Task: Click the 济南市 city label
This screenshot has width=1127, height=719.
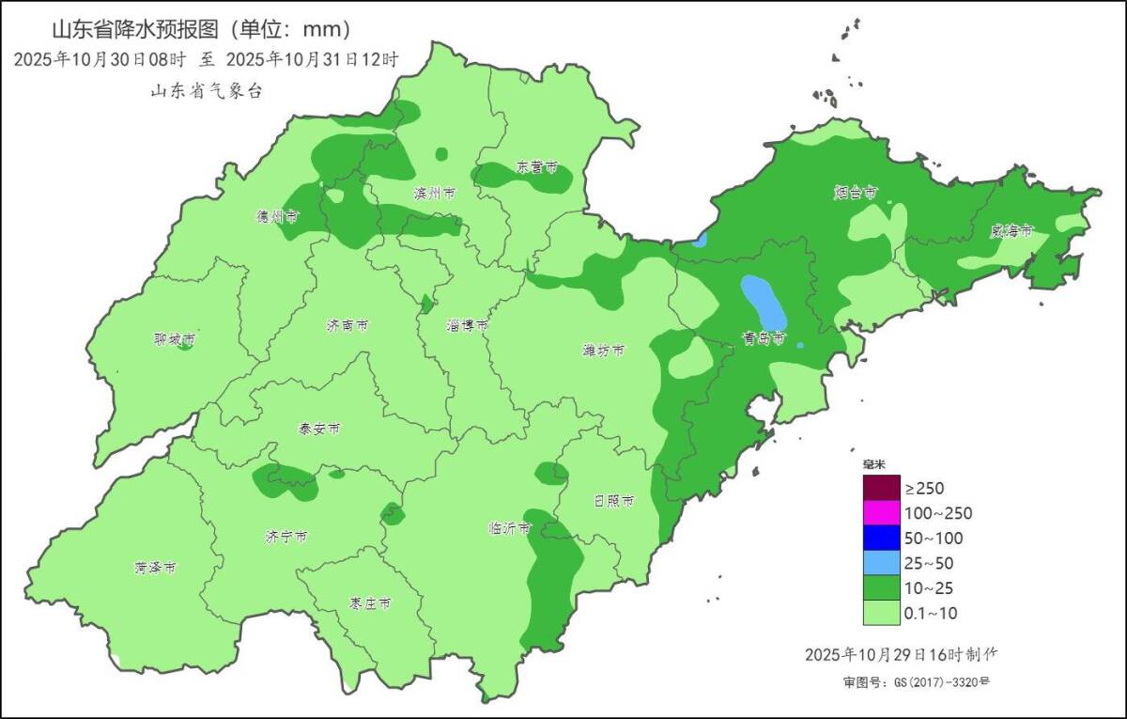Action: tap(347, 326)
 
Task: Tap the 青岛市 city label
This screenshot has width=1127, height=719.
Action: tap(763, 338)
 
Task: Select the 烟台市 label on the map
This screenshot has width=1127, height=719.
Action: tap(855, 193)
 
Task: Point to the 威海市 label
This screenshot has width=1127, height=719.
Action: tap(1011, 230)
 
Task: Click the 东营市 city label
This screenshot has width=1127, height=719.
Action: tap(537, 167)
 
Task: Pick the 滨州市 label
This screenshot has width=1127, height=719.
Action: tap(434, 194)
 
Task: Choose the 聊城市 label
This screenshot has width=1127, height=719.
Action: tap(175, 339)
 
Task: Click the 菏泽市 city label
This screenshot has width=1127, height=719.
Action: tap(155, 569)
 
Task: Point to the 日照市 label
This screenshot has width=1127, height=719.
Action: tap(614, 501)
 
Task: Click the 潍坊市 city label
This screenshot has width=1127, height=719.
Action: tap(603, 351)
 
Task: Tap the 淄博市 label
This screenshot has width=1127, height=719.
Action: tap(467, 325)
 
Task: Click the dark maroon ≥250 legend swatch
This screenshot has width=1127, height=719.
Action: tap(881, 488)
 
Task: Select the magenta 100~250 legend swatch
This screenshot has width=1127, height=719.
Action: tap(881, 513)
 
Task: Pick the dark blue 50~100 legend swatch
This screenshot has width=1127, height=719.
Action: tap(881, 539)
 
